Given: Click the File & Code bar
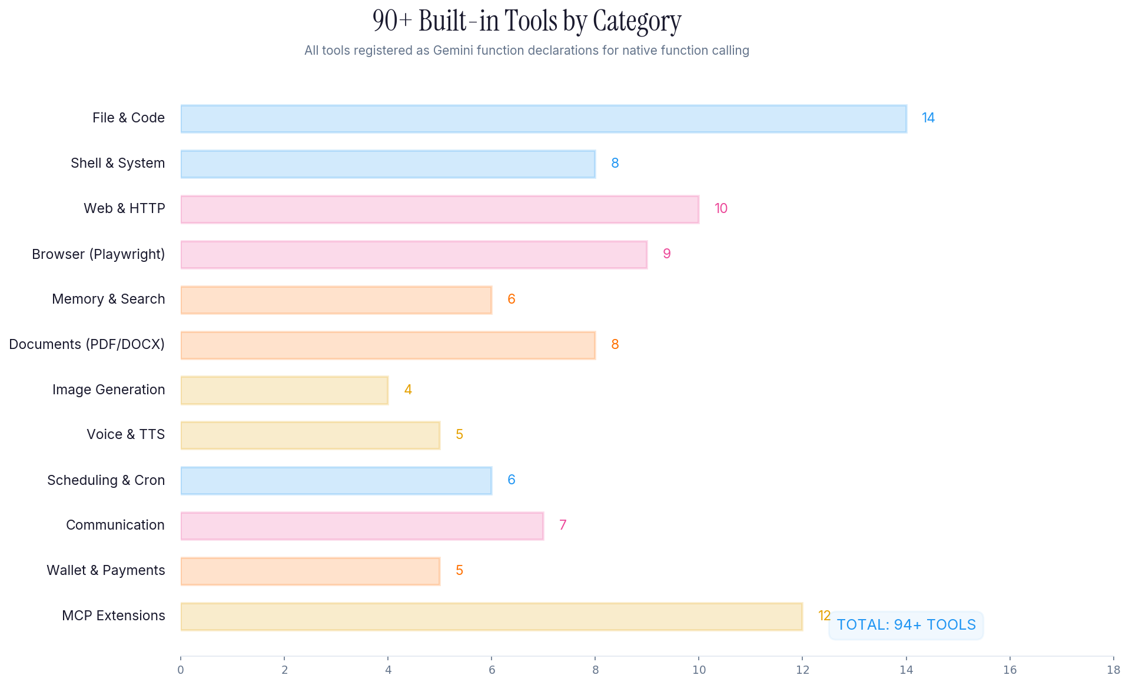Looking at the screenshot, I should coord(543,119).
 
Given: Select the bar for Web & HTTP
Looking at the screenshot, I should coord(440,210).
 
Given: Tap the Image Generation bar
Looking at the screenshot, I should coord(284,390).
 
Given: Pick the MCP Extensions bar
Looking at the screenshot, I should coord(492,617).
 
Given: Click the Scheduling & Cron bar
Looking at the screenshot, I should coord(336,481).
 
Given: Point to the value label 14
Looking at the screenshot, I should coord(928,118).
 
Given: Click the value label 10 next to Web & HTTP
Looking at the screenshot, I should coord(721,209).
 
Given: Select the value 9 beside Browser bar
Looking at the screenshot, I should coord(667,254).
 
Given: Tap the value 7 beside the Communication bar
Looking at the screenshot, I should coord(563,526).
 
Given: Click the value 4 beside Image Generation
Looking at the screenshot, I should coord(408,390).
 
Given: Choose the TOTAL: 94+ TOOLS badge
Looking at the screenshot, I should coord(906,625).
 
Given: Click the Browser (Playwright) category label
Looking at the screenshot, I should coord(98,254).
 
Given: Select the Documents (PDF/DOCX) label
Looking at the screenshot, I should coord(87,345).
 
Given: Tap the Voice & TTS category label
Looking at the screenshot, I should coord(125,435).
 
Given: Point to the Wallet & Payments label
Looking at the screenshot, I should coord(106,571).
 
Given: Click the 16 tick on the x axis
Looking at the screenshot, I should coord(1010,670).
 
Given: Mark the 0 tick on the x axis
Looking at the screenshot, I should coord(181,670).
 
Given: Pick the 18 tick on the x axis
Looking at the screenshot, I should coord(1113,670).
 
